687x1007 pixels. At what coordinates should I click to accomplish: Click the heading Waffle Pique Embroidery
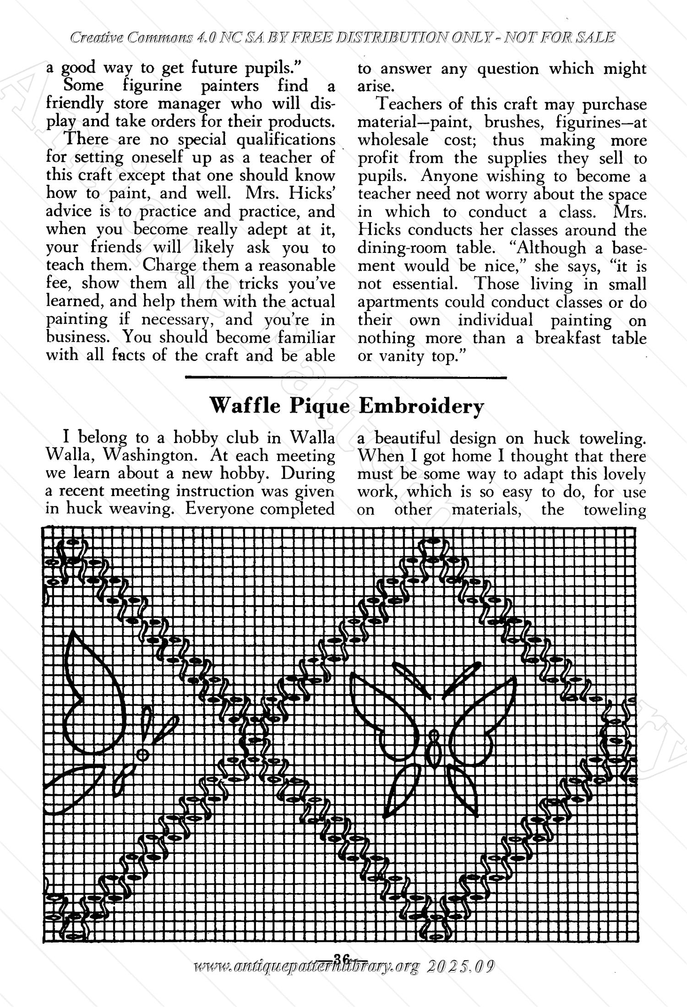point(346,406)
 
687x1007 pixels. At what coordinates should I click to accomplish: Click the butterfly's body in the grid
point(433,750)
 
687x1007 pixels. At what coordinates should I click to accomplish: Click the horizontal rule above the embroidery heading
point(346,378)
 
